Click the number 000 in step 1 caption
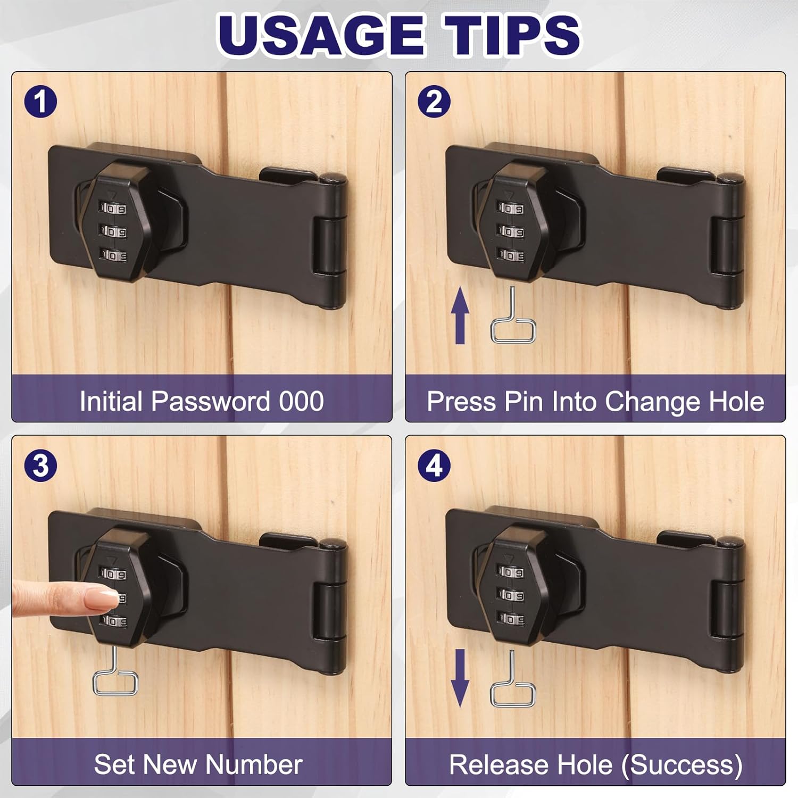pos(301,401)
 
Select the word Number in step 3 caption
pos(254,765)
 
